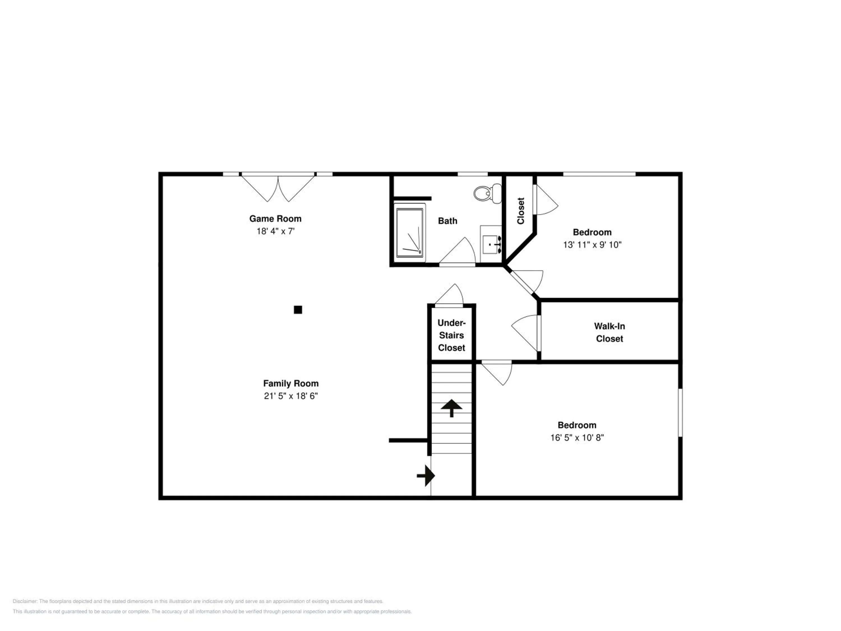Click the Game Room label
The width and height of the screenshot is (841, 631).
(x=275, y=219)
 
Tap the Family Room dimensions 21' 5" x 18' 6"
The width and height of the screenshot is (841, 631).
(x=291, y=396)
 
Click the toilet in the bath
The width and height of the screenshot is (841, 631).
(x=488, y=193)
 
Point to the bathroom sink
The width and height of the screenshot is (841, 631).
(x=491, y=244)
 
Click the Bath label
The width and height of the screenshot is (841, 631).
(x=447, y=221)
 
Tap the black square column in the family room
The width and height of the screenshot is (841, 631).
(x=298, y=310)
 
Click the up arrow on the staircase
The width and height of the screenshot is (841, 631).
(x=452, y=408)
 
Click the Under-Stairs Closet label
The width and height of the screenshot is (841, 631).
(x=452, y=335)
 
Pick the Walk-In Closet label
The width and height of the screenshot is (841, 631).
(x=609, y=332)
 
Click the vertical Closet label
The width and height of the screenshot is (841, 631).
(x=521, y=211)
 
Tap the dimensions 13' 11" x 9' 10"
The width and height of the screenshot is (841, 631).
(x=592, y=245)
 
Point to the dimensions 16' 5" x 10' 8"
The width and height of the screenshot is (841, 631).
(x=577, y=438)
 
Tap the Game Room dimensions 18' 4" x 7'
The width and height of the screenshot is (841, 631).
(x=276, y=231)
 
